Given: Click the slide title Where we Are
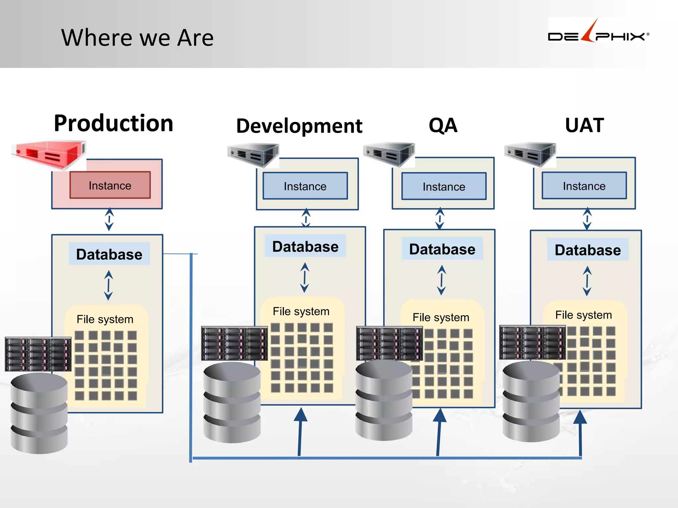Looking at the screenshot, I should tap(137, 38).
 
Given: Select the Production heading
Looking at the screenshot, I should tap(114, 123).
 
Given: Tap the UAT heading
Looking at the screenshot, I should tap(584, 125).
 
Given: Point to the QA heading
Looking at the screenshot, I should tap(443, 126).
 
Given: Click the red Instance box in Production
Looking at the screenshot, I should tap(110, 185).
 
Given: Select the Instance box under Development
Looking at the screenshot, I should tap(305, 186).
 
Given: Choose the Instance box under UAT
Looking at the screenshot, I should tap(584, 186).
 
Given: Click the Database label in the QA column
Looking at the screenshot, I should tap(442, 249).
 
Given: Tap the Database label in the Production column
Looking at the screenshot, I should tap(109, 254).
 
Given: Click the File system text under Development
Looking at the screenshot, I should tap(301, 311).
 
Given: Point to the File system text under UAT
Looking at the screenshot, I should tap(583, 315).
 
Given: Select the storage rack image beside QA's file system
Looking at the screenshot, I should tap(389, 343).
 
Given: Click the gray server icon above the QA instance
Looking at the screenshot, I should tap(389, 154).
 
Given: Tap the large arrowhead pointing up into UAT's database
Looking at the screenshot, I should tap(580, 417).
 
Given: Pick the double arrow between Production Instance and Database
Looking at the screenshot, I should tap(109, 219).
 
